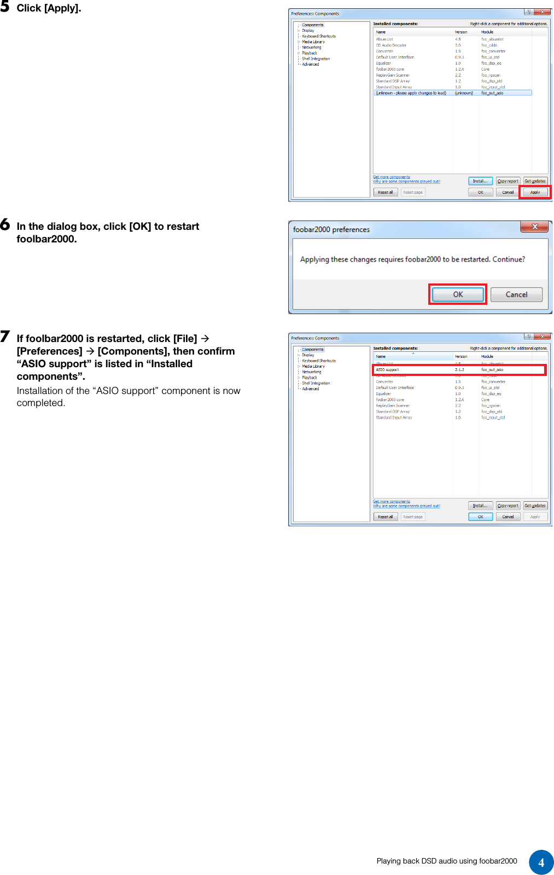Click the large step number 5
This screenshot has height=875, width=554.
click(5, 7)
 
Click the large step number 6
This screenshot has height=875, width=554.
click(5, 224)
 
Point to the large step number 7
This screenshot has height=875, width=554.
click(5, 337)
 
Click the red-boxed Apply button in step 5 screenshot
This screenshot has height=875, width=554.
click(535, 192)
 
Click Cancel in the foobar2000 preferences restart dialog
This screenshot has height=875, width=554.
click(516, 294)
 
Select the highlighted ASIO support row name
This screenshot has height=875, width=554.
click(388, 370)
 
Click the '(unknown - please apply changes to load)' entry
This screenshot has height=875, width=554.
click(411, 93)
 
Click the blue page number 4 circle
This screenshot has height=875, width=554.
click(541, 862)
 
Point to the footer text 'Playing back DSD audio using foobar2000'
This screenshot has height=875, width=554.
click(446, 861)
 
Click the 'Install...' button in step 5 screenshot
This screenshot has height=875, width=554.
click(480, 181)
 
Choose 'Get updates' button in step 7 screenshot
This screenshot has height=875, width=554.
click(535, 506)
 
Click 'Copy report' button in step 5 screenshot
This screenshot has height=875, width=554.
click(508, 181)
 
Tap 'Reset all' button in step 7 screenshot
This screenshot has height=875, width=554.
click(385, 517)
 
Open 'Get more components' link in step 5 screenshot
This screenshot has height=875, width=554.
click(392, 177)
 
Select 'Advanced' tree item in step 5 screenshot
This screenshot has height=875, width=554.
click(310, 65)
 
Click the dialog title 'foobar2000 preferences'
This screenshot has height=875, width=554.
click(331, 229)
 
